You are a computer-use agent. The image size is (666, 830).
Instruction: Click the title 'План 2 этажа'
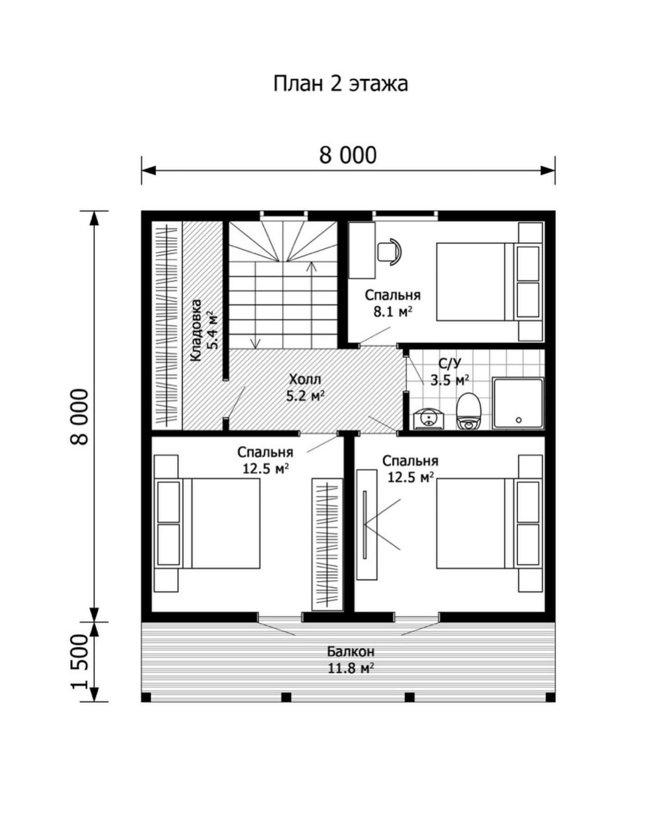[340, 83]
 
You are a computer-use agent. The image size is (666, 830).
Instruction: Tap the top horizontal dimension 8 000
[347, 156]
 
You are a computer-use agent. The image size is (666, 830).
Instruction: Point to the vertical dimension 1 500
[80, 662]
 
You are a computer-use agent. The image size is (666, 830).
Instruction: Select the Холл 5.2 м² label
[305, 388]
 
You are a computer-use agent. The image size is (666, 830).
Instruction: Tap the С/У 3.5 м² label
[450, 372]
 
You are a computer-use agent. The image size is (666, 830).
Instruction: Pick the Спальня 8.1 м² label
[392, 303]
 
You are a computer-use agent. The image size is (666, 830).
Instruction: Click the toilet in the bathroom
[468, 411]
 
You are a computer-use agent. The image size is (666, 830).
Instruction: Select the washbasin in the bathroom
[428, 418]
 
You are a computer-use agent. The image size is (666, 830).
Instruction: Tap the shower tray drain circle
[519, 420]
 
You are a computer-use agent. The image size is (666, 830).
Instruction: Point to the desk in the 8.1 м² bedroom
[362, 250]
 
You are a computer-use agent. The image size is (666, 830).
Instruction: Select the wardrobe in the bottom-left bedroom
[327, 545]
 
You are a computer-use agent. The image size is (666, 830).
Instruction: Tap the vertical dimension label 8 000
[80, 416]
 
